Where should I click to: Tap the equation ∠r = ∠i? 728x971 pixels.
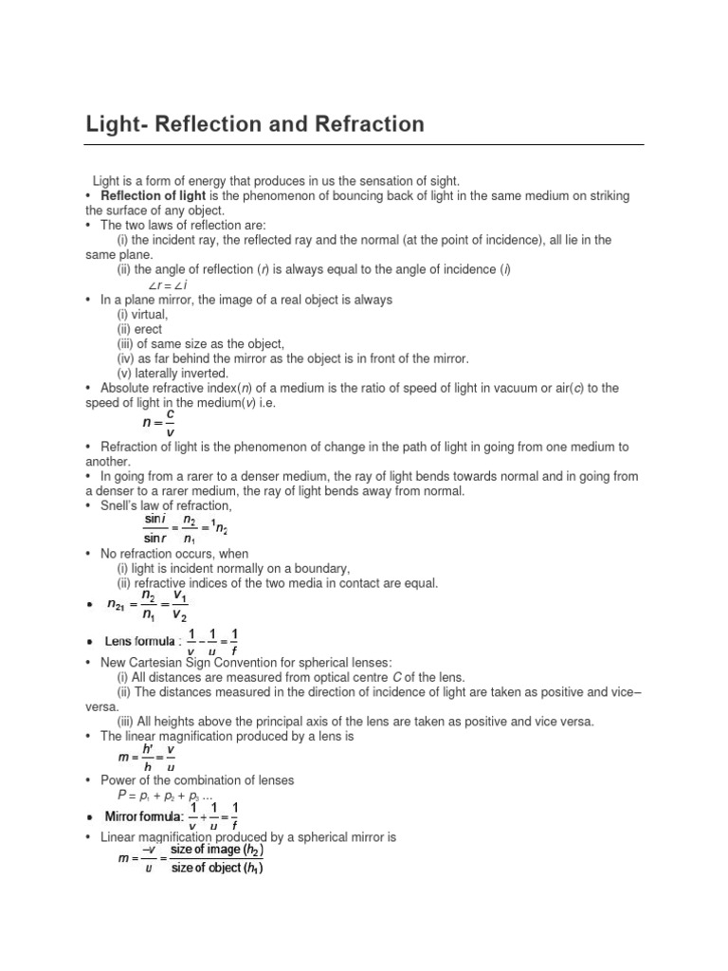168,285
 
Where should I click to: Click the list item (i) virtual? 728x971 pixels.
142,314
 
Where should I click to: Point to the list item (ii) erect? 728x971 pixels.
139,329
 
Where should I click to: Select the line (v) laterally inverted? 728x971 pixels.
173,373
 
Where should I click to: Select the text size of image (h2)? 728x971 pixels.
218,850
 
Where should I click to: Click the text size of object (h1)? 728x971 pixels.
217,868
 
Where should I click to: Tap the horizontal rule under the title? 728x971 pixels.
364,145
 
